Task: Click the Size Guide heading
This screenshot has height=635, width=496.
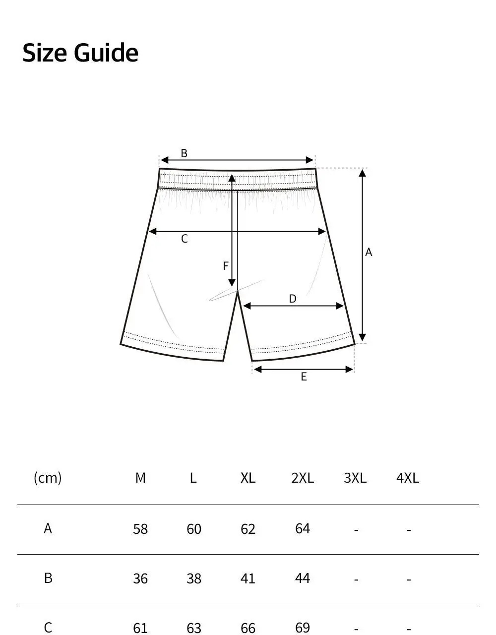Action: pyautogui.click(x=80, y=53)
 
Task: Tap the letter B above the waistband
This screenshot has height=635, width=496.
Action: pyautogui.click(x=184, y=153)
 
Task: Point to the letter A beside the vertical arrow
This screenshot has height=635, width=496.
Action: pyautogui.click(x=369, y=252)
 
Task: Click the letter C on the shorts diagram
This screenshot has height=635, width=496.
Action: pyautogui.click(x=185, y=239)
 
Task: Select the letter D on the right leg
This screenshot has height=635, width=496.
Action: pyautogui.click(x=293, y=299)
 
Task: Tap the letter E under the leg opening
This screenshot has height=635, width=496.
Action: pyautogui.click(x=304, y=377)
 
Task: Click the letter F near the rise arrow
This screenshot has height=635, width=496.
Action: pyautogui.click(x=225, y=266)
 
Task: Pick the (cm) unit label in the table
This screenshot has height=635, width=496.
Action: pyautogui.click(x=48, y=478)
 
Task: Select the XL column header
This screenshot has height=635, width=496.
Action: pyautogui.click(x=248, y=478)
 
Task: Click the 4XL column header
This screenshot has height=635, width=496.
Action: pyautogui.click(x=408, y=478)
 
